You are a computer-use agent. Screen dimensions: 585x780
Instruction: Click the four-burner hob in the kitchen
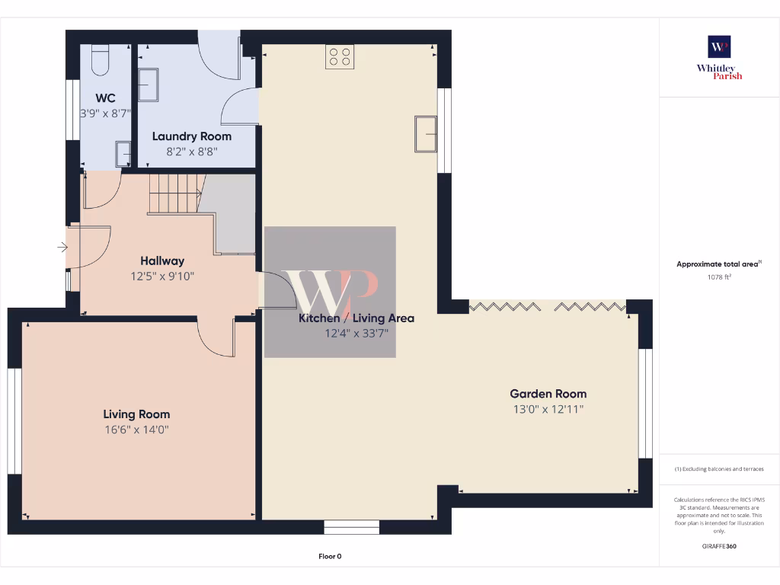pos(340,56)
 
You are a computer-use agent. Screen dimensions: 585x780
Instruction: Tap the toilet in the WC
pos(101,59)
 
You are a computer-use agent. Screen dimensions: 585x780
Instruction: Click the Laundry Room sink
pos(149,85)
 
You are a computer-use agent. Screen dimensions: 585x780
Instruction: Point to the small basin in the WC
pos(123,154)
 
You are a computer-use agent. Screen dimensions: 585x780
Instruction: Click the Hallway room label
pos(162,261)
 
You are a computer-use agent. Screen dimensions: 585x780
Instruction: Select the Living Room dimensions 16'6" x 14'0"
pos(136,430)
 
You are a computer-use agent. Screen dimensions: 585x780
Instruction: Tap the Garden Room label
pos(548,394)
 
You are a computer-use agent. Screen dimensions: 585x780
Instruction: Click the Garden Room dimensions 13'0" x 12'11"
pos(548,409)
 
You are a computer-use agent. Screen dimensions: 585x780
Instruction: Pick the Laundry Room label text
pos(191,136)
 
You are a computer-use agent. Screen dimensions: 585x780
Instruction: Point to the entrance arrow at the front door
pos(61,247)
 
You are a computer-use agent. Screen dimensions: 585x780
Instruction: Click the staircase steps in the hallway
pos(174,193)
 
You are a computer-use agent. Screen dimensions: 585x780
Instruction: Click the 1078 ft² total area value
pos(719,277)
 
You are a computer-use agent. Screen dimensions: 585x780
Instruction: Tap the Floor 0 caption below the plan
pos(329,556)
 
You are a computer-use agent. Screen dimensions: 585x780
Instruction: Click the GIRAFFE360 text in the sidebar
pos(719,546)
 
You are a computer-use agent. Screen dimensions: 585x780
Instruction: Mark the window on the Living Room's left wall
pos(14,421)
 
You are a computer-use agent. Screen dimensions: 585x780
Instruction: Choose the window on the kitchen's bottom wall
pos(351,526)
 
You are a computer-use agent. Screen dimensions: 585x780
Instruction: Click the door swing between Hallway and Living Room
pos(216,337)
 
